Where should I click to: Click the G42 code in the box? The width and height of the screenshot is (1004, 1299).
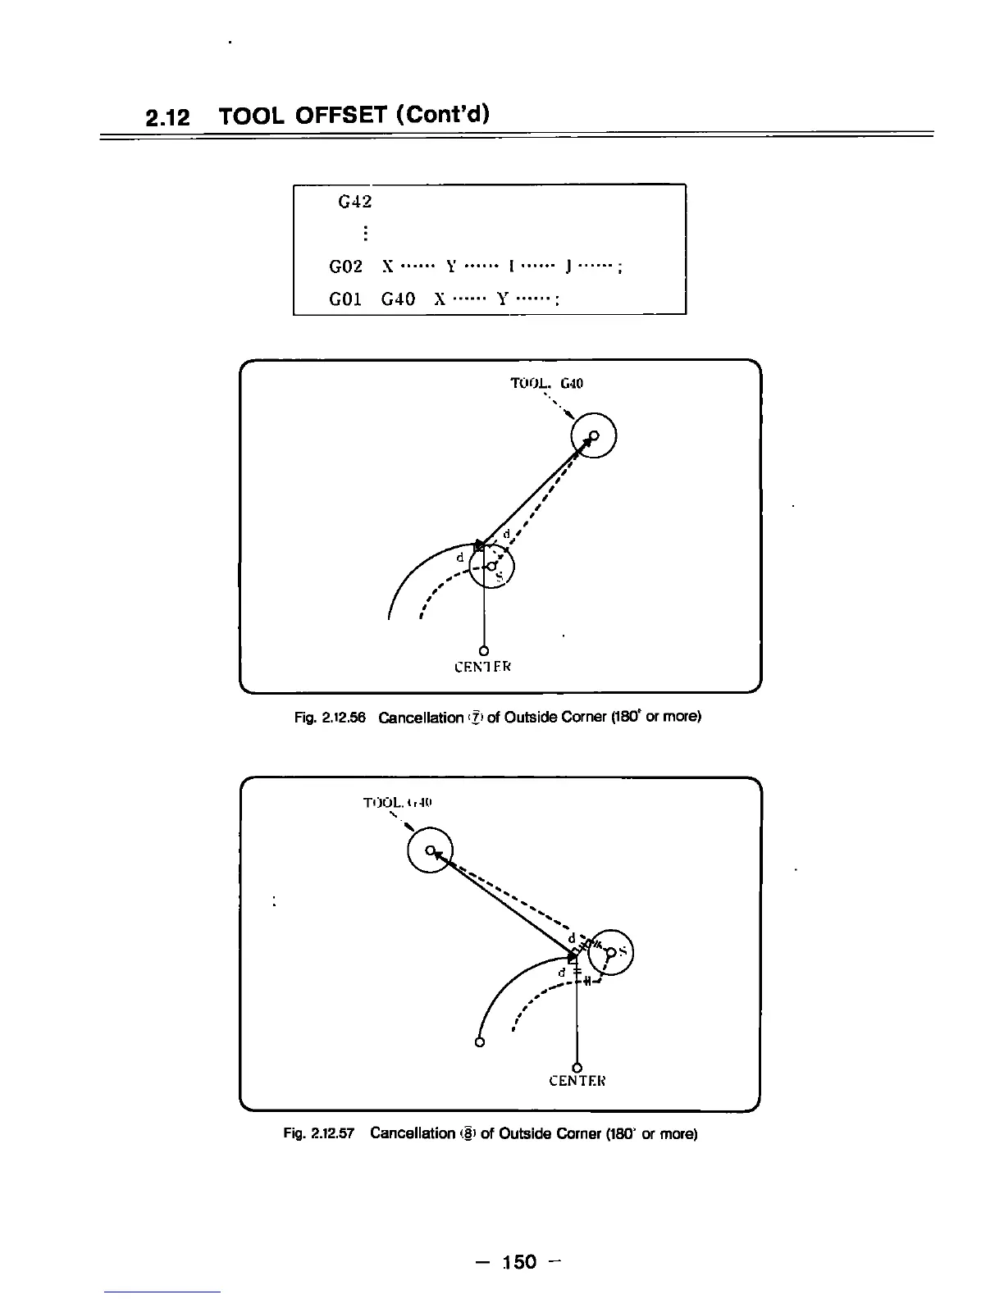pyautogui.click(x=355, y=201)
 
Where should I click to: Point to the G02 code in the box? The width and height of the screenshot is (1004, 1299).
pyautogui.click(x=346, y=267)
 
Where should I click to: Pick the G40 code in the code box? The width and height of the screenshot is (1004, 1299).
pyautogui.click(x=398, y=299)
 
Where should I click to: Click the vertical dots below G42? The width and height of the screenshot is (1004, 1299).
pyautogui.click(x=363, y=234)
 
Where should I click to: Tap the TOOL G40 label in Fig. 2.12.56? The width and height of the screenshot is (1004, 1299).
pyautogui.click(x=546, y=384)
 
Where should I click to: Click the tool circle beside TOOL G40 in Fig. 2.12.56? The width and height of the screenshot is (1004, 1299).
pyautogui.click(x=594, y=436)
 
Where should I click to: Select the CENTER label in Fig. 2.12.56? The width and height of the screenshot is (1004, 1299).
pyautogui.click(x=483, y=667)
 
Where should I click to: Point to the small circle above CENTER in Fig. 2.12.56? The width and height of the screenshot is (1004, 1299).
pyautogui.click(x=484, y=650)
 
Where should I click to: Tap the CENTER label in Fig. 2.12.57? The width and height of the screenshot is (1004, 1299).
pyautogui.click(x=577, y=1081)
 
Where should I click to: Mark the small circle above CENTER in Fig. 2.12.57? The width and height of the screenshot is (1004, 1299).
pyautogui.click(x=577, y=1067)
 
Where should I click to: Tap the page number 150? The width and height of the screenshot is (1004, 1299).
pyautogui.click(x=519, y=1261)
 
